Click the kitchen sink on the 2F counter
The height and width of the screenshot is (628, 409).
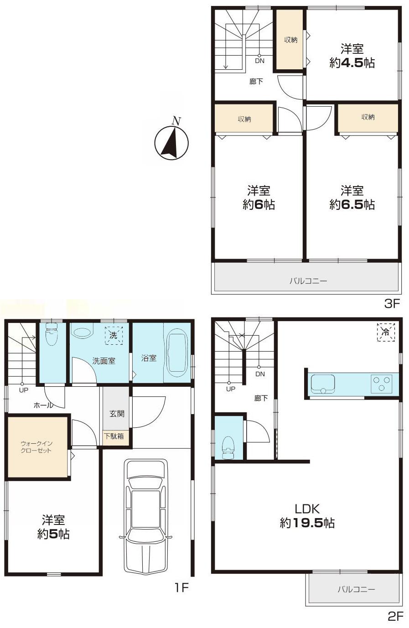[x=322, y=383]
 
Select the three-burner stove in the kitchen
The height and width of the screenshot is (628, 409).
[x=382, y=383]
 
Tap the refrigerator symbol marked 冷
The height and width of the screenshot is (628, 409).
[x=386, y=332]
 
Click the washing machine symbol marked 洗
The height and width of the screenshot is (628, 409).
[x=113, y=335]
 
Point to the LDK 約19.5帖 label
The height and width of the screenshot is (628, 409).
[x=307, y=515]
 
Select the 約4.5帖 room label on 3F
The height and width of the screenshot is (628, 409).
[x=352, y=56]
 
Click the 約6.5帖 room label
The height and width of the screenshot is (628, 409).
[x=352, y=197]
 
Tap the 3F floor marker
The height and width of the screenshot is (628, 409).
[x=392, y=303]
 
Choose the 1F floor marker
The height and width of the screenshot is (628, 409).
[x=181, y=588]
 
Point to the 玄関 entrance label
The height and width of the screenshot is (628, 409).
[x=116, y=414]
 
